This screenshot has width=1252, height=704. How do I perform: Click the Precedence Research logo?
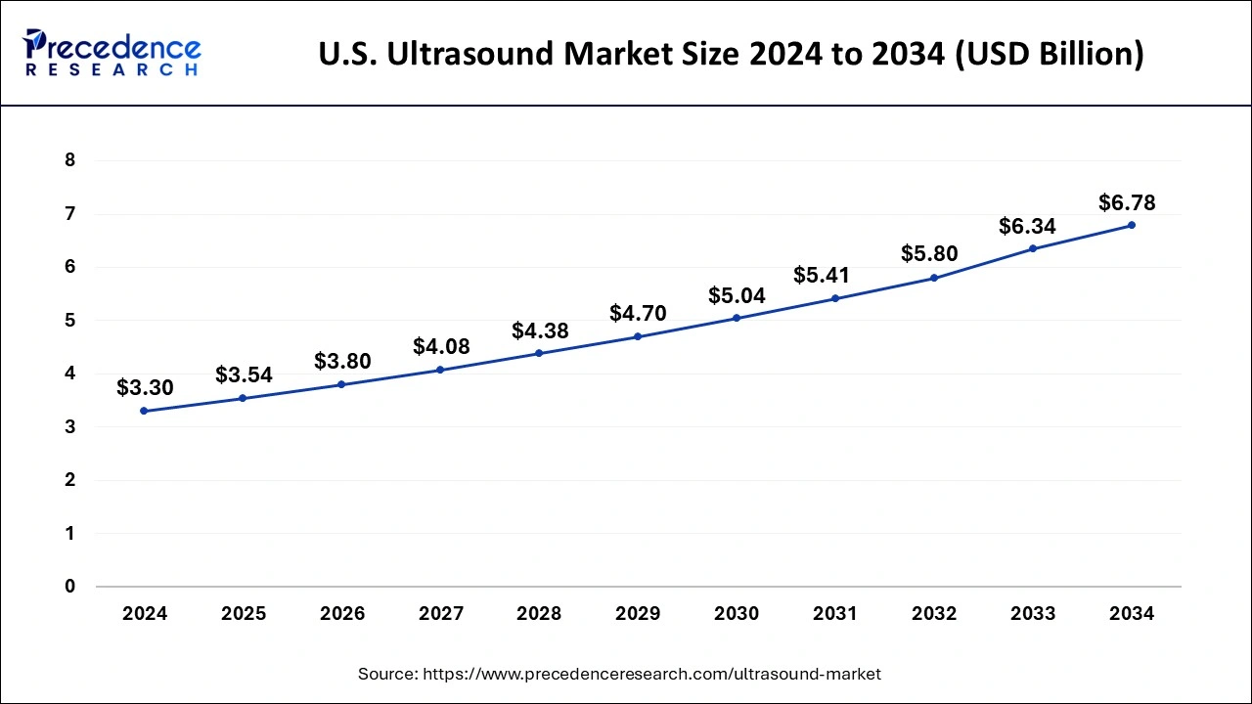(x=112, y=53)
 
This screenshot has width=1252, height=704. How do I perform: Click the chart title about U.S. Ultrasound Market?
(x=731, y=54)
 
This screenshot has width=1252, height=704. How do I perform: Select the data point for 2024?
(x=145, y=411)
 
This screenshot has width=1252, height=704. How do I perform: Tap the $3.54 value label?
(x=244, y=374)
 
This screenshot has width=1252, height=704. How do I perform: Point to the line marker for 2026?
(x=341, y=384)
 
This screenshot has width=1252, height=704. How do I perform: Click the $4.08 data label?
(x=441, y=346)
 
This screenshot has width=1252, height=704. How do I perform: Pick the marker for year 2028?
(x=539, y=353)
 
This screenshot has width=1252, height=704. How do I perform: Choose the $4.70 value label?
(x=638, y=314)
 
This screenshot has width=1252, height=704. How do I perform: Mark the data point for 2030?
(x=737, y=318)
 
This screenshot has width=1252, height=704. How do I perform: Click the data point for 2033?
(x=1032, y=248)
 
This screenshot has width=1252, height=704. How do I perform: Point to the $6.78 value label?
(x=1127, y=203)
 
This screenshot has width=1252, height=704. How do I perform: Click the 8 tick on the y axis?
(x=69, y=160)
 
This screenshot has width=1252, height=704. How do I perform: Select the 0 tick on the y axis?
(x=69, y=587)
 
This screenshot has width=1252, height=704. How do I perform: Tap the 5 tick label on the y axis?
(x=69, y=321)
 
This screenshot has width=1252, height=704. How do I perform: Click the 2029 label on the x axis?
(x=638, y=614)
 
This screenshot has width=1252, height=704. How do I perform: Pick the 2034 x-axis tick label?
(x=1132, y=614)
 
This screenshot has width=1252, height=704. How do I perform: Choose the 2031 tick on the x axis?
(x=834, y=614)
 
